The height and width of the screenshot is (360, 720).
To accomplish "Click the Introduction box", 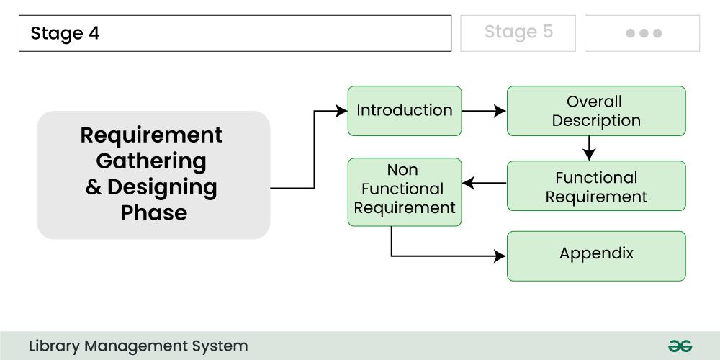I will point(404,111).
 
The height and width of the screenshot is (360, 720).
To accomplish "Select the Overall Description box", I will point(596,111).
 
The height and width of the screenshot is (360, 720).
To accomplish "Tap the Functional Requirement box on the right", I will point(596,186).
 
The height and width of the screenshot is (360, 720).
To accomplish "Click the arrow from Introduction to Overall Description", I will point(484,111).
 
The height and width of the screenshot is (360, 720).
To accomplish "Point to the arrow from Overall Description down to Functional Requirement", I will point(590,148).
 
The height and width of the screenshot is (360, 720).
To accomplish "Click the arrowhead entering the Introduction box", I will point(342,111).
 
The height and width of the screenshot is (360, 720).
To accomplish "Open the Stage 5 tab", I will point(518,32).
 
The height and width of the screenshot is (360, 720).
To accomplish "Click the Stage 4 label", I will point(65,34).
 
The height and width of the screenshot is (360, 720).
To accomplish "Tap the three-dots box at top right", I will point(642,33).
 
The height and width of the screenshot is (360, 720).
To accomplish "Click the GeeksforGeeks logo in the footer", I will point(680,346).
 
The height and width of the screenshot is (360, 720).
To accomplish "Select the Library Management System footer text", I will point(138,346).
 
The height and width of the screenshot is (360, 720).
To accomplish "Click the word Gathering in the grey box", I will point(151,161).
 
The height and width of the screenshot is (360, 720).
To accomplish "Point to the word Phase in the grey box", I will point(153,213).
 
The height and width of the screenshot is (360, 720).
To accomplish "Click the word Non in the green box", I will point(402,171).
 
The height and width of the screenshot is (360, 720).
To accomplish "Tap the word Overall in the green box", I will point(594,102).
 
